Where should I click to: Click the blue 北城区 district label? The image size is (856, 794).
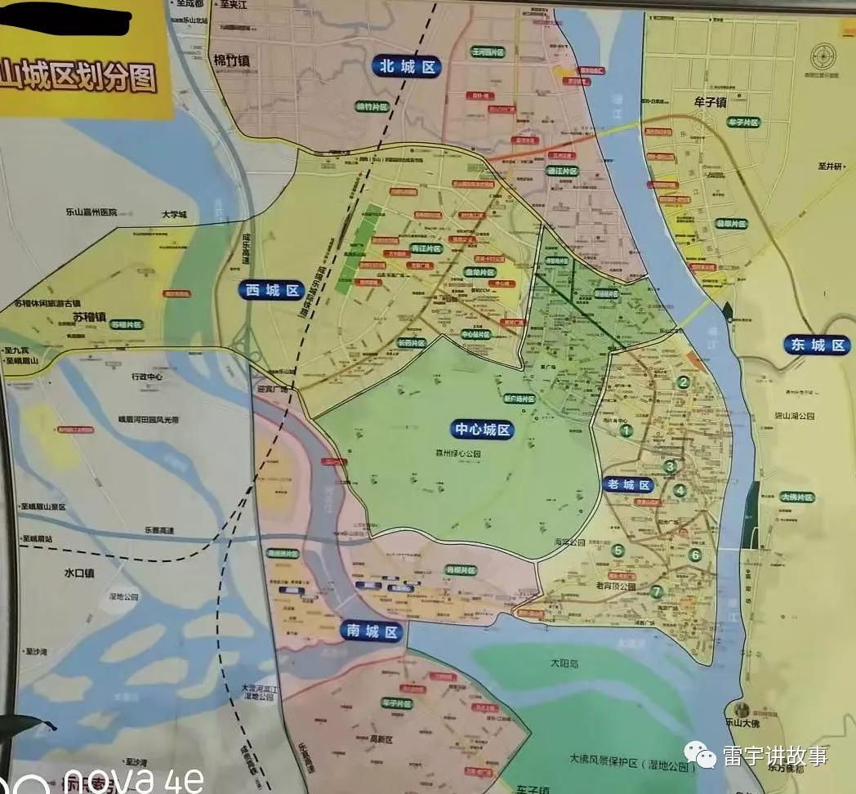point(406,67)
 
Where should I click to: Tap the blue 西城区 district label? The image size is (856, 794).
point(271,290)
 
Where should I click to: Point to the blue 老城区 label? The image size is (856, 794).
point(629,484)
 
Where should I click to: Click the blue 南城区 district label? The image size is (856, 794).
point(372,631)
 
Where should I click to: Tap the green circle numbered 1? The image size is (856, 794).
point(626,430)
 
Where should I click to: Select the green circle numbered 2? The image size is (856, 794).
point(684,381)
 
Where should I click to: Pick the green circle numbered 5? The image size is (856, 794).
point(618,551)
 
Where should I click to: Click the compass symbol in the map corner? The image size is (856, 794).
point(823,56)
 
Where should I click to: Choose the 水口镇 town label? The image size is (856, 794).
point(78,573)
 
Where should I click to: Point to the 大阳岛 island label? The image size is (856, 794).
point(563,664)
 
